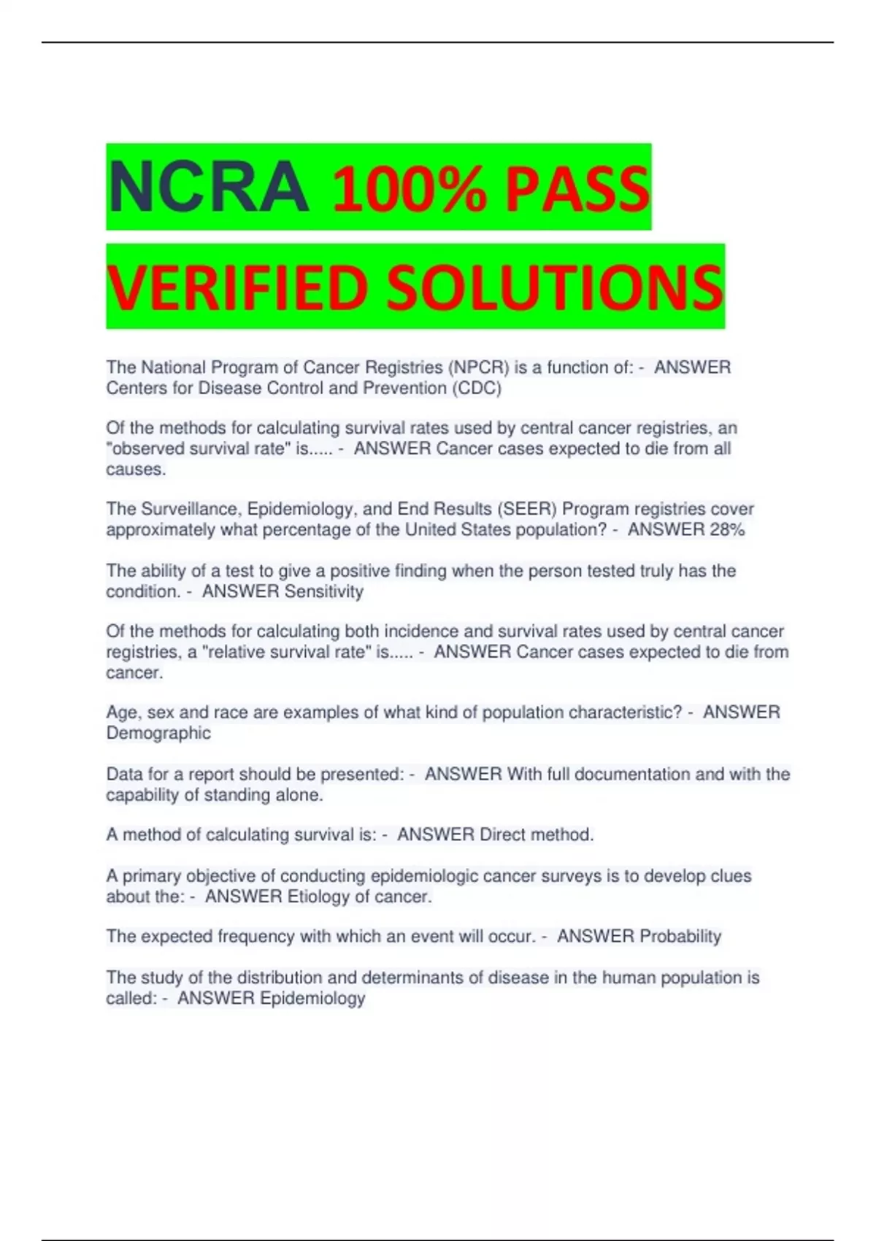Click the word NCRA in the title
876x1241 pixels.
pyautogui.click(x=208, y=188)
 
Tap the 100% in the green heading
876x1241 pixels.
pyautogui.click(x=409, y=189)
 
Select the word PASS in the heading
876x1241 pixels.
pyautogui.click(x=577, y=189)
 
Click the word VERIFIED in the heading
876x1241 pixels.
pyautogui.click(x=237, y=287)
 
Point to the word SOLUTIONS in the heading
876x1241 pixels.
pyautogui.click(x=555, y=287)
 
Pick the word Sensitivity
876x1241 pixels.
pyautogui.click(x=323, y=591)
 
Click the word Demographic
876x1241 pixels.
pyautogui.click(x=158, y=733)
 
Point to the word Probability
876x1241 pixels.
pyautogui.click(x=680, y=937)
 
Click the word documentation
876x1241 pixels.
pyautogui.click(x=632, y=774)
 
